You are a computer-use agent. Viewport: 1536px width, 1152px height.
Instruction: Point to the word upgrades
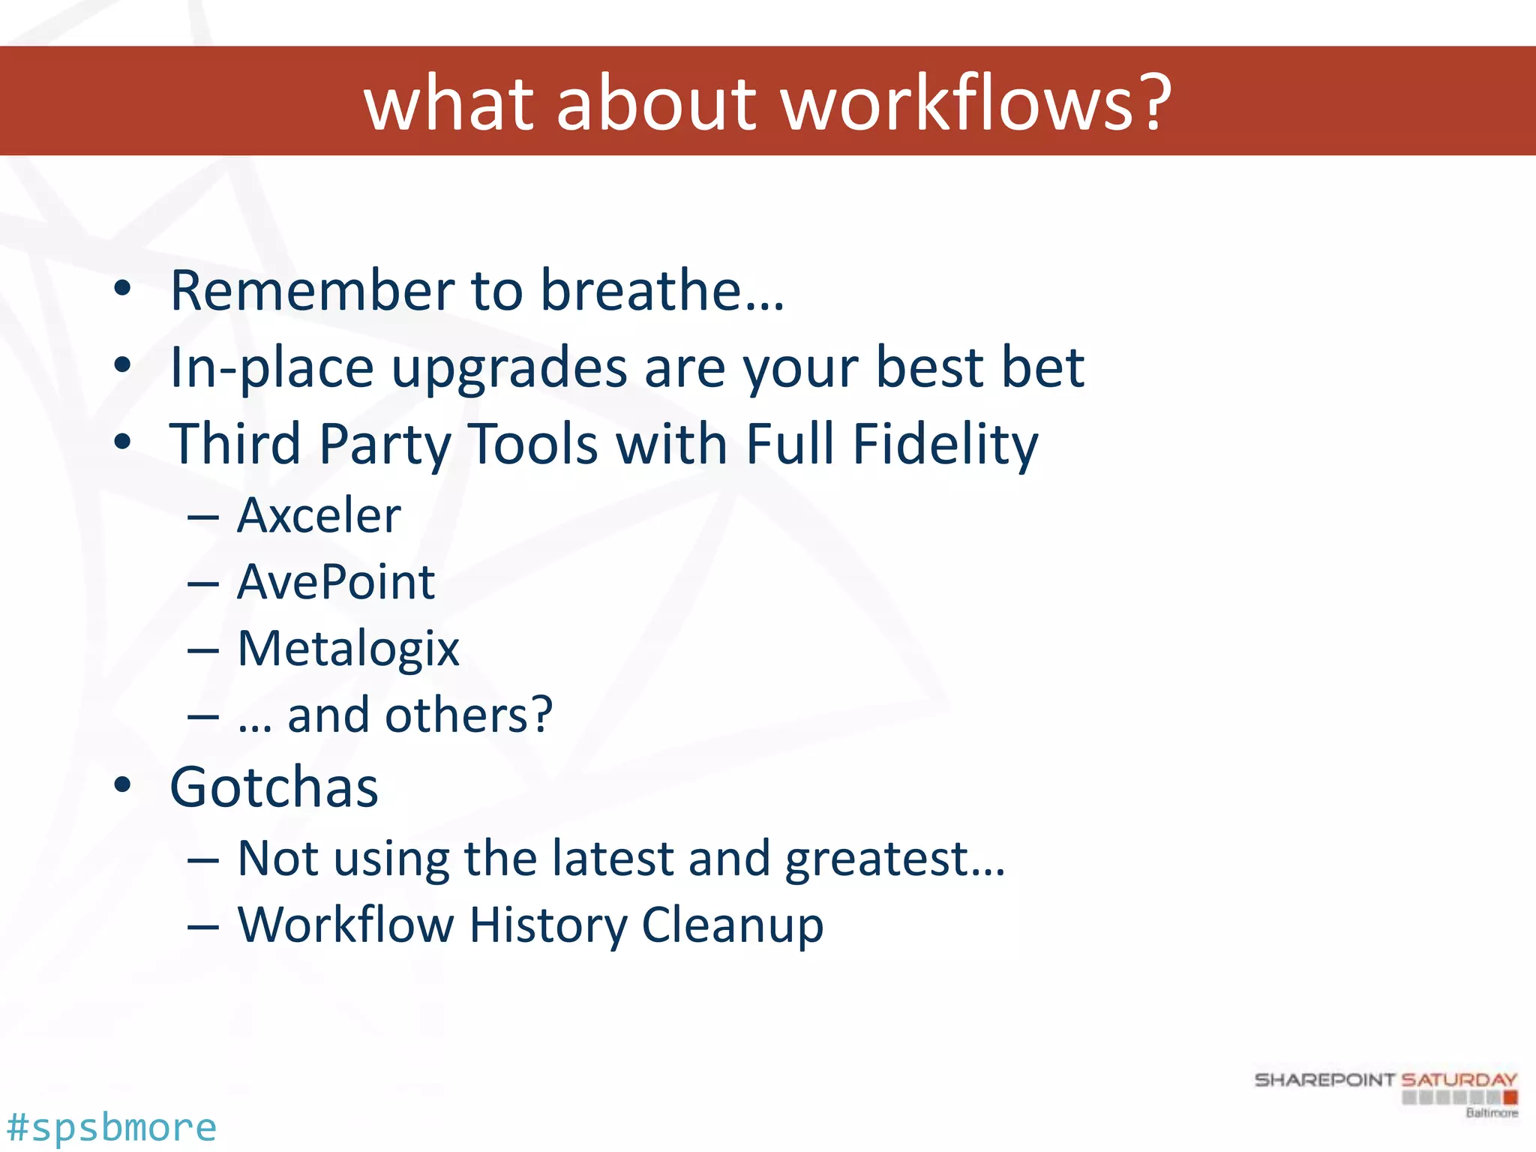click(x=509, y=369)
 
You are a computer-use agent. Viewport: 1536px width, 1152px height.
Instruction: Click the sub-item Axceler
click(x=319, y=516)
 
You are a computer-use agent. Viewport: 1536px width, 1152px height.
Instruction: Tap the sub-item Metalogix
click(x=348, y=649)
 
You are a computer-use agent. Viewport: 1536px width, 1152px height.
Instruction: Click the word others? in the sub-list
click(x=469, y=715)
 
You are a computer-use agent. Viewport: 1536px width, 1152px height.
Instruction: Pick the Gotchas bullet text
click(x=274, y=787)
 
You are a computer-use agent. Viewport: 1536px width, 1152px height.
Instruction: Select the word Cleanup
click(x=733, y=925)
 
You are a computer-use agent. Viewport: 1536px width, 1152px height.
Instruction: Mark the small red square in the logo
click(x=1510, y=1098)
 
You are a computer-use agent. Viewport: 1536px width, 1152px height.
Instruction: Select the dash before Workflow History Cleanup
click(x=203, y=927)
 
